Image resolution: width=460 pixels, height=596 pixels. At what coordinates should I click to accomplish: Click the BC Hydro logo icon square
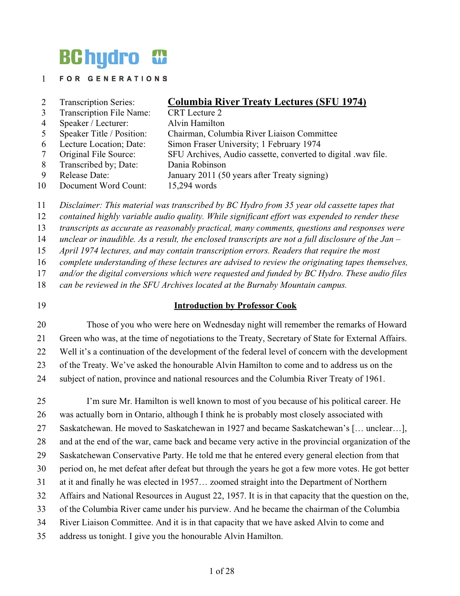pos(159,57)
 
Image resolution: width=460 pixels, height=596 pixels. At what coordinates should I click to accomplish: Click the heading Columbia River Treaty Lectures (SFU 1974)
pos(267,102)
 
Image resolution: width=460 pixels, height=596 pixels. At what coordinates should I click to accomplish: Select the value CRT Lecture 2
pos(194,113)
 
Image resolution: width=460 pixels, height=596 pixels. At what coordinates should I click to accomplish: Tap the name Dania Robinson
pos(197,165)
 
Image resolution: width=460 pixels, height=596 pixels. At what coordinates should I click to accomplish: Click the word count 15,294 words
pos(192,186)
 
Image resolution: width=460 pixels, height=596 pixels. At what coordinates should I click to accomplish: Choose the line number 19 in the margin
pos(41,305)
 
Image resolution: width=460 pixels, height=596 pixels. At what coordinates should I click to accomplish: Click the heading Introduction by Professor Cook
pos(235,305)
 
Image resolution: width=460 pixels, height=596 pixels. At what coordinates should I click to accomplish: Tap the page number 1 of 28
pos(222,571)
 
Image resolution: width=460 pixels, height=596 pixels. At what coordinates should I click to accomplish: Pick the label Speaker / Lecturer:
pos(94,123)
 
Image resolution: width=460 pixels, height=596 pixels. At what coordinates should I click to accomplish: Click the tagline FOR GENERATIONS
pos(113,78)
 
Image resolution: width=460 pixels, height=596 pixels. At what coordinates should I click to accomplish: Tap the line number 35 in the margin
pos(41,536)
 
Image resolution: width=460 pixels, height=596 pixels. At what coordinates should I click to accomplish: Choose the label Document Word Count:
pos(103,186)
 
